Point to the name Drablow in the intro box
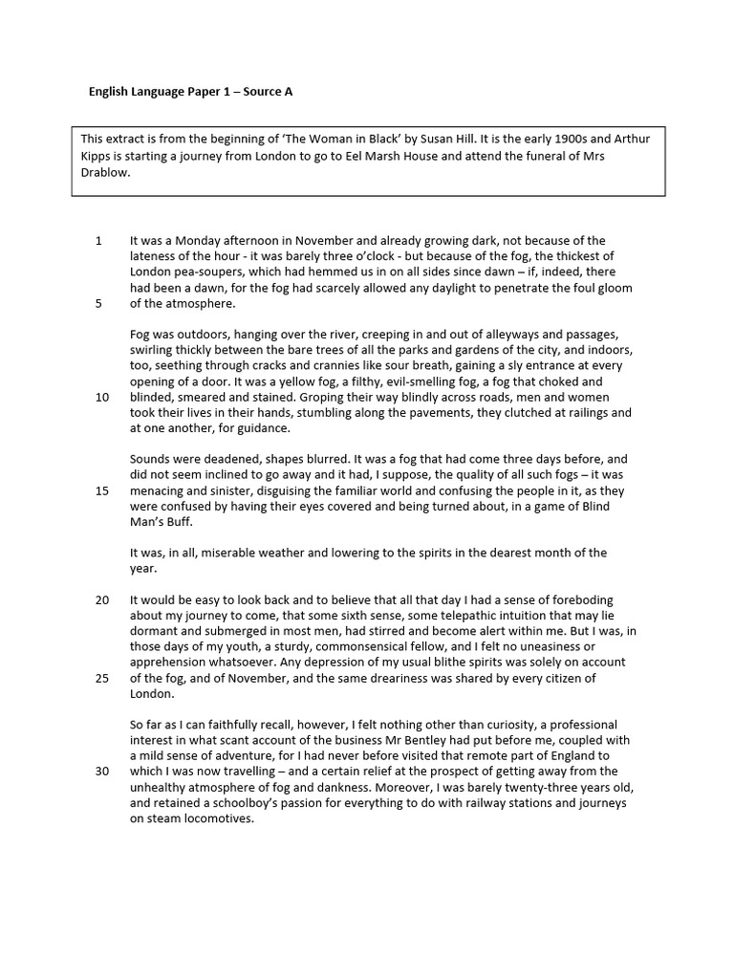point(109,173)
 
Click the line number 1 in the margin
point(98,241)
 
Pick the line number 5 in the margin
point(98,304)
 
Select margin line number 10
point(101,397)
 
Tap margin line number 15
point(101,490)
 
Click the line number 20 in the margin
point(101,599)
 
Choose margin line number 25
point(101,678)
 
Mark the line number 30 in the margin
point(101,772)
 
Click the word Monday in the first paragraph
point(202,241)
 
